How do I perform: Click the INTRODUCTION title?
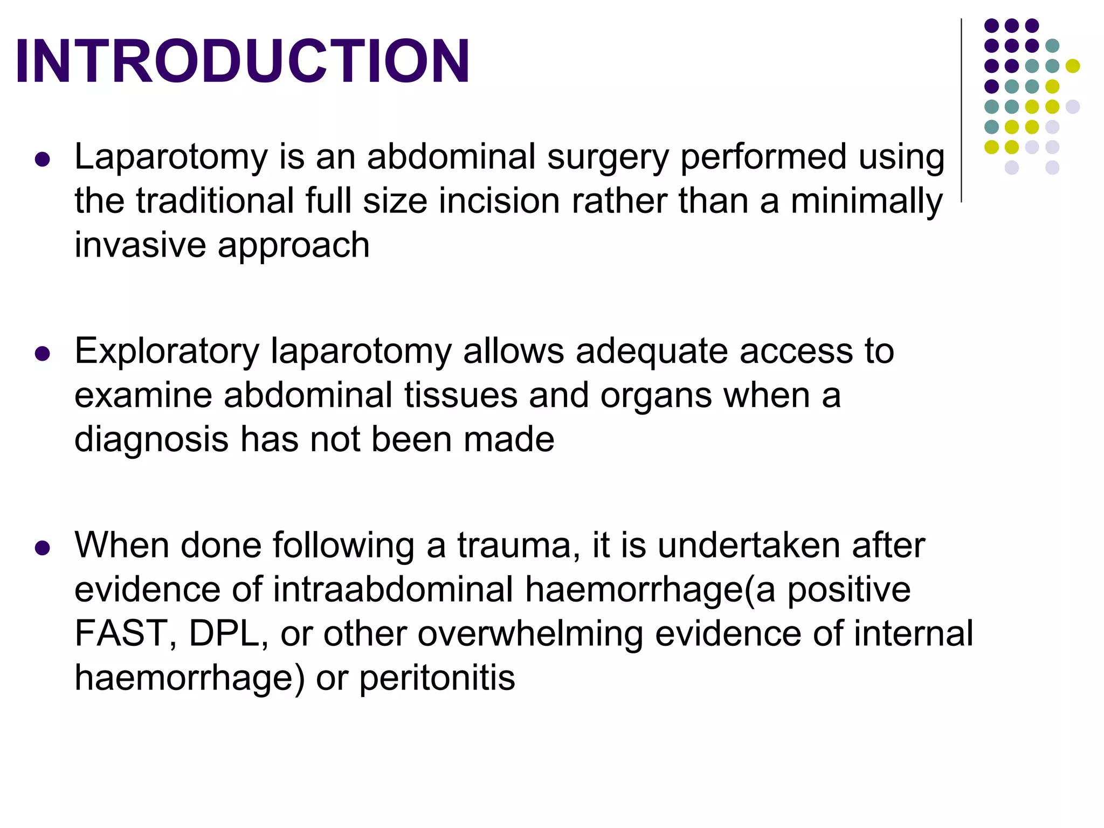[x=243, y=61]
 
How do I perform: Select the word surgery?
[x=608, y=157]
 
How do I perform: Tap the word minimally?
[x=866, y=201]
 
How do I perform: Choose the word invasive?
[x=140, y=245]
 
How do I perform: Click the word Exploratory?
[x=167, y=351]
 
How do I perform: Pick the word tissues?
[x=461, y=395]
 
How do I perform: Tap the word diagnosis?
[x=151, y=440]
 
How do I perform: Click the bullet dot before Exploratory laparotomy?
[x=42, y=354]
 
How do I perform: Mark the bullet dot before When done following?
[x=42, y=548]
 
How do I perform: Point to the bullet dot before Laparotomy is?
[x=42, y=160]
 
